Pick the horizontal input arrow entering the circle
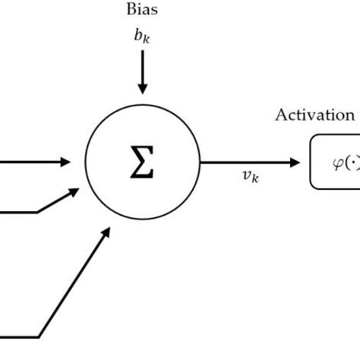click(x=30, y=160)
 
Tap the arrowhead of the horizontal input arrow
click(x=67, y=160)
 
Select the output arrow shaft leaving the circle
click(x=243, y=160)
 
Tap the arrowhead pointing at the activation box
click(x=295, y=160)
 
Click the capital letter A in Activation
click(x=281, y=116)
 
